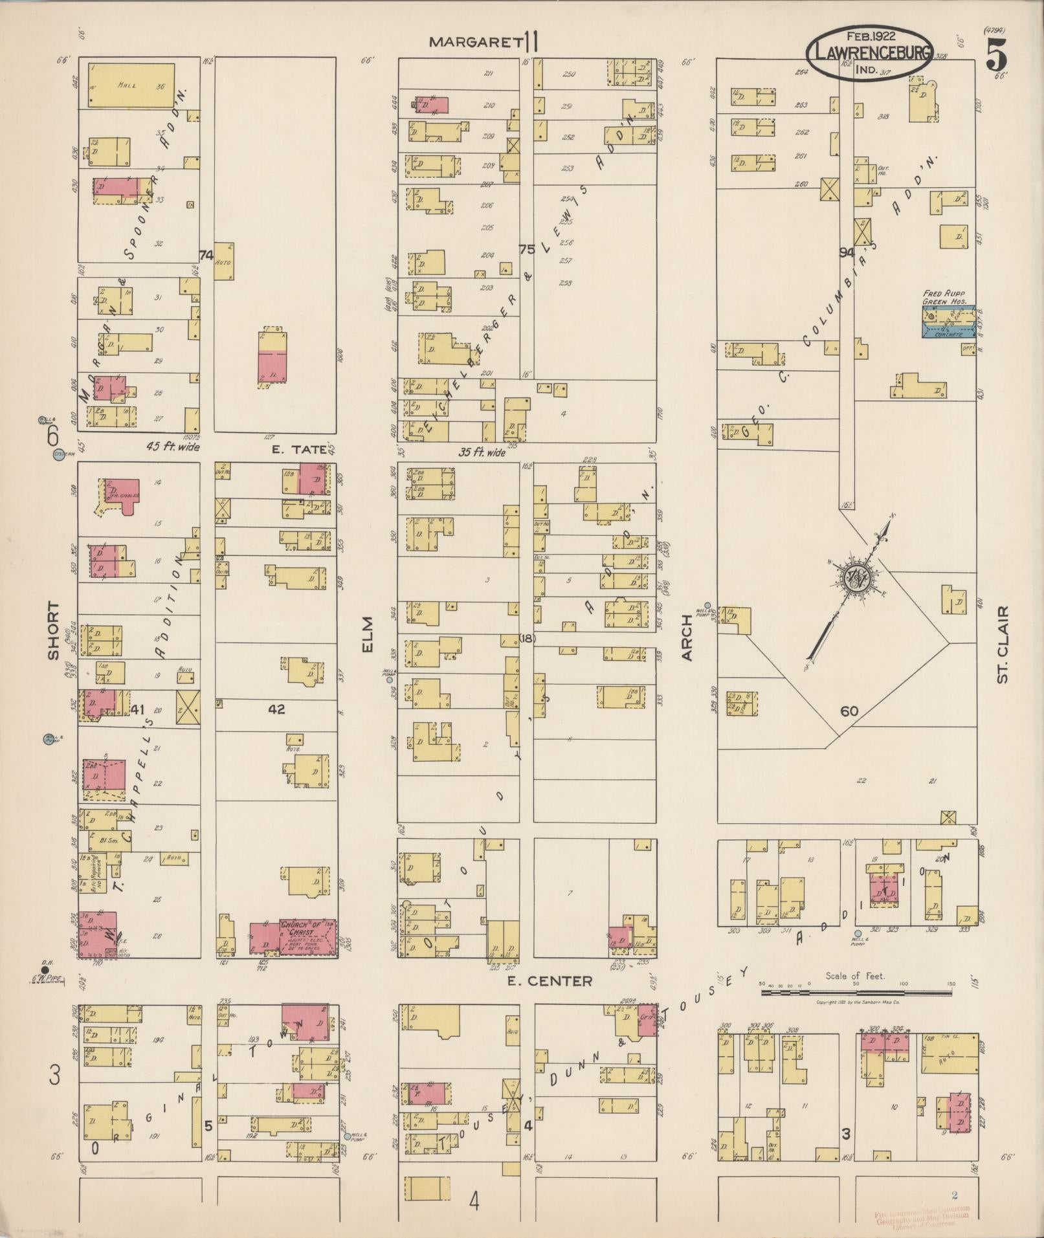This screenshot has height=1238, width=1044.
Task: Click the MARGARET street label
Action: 476,43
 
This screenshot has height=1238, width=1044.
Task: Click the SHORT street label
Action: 53,632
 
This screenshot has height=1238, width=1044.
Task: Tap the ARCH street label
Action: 687,642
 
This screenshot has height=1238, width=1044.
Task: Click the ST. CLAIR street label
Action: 1003,645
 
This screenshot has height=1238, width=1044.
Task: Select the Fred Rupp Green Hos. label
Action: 944,297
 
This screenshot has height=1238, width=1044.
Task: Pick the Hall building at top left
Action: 131,84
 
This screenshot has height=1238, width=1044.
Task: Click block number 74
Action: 206,256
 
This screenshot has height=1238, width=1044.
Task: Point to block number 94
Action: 847,252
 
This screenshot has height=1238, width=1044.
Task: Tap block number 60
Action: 849,711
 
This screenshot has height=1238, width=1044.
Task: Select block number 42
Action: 276,709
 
